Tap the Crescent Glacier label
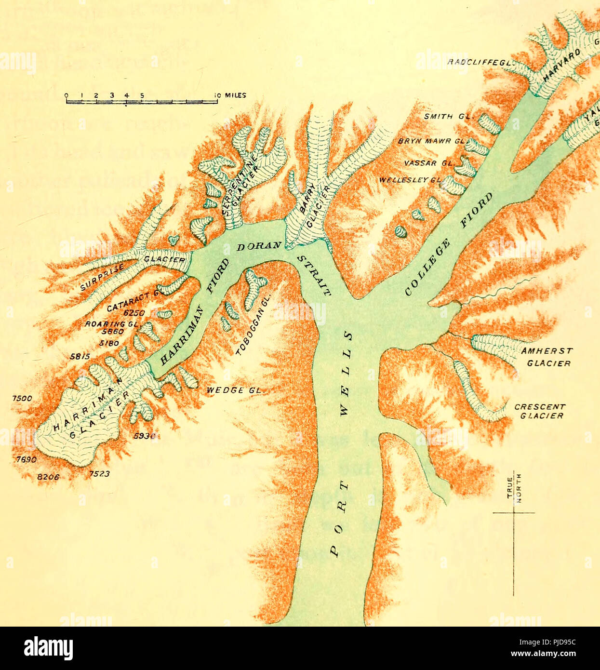click(x=539, y=411)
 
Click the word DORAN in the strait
click(x=259, y=246)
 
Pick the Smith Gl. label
click(x=449, y=116)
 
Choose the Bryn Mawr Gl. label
click(x=432, y=142)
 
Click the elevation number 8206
click(x=48, y=477)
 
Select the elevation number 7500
click(x=22, y=398)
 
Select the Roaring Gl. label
click(x=112, y=324)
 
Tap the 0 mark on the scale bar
click(x=67, y=95)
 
